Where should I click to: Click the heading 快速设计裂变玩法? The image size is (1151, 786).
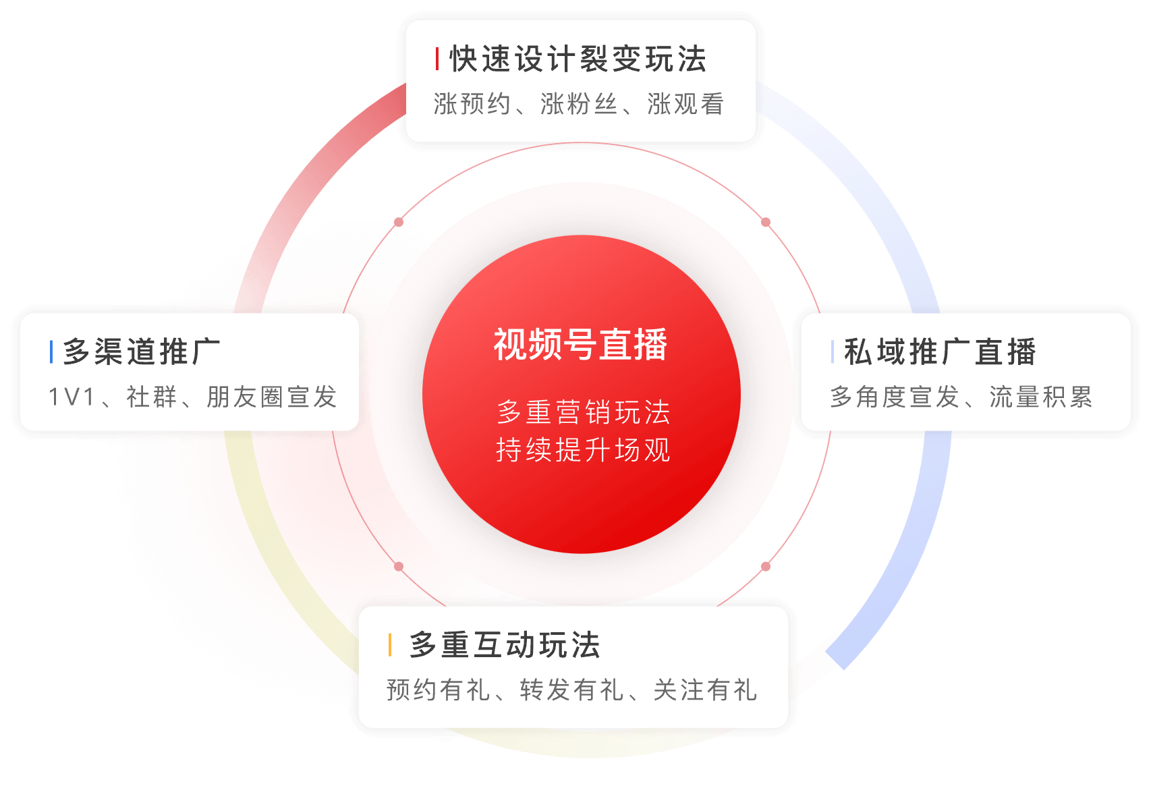click(578, 59)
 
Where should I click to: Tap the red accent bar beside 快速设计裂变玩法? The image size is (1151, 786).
click(437, 59)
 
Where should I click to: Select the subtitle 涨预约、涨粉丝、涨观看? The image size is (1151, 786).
click(579, 104)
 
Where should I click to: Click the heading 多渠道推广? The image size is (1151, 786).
click(141, 352)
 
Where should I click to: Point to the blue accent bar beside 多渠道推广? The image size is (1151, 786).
click(51, 352)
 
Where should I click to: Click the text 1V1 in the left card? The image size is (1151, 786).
click(72, 397)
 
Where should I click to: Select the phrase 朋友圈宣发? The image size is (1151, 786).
click(272, 397)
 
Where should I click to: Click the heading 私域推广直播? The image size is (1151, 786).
click(940, 352)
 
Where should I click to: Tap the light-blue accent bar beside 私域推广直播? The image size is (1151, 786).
click(833, 352)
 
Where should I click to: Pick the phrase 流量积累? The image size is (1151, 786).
click(1040, 397)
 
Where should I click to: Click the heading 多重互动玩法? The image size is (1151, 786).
click(505, 645)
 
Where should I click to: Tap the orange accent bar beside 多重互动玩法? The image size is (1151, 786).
click(390, 645)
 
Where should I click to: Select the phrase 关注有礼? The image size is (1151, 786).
click(705, 690)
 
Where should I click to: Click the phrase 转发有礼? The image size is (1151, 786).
click(571, 690)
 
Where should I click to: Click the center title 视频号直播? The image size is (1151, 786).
click(581, 344)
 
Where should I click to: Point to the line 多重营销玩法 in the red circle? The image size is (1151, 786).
click(583, 412)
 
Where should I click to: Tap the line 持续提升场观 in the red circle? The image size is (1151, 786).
click(583, 450)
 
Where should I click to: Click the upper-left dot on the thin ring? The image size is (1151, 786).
click(399, 222)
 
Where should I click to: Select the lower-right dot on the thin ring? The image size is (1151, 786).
click(766, 566)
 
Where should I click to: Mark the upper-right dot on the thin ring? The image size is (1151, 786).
click(766, 222)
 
